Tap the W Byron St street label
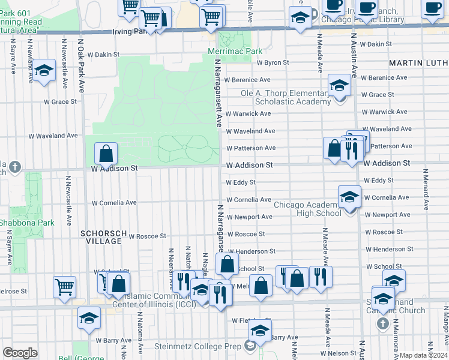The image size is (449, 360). pyautogui.click(x=273, y=62)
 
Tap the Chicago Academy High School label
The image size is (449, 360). pyautogui.click(x=307, y=209)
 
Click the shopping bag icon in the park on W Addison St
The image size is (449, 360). pyautogui.click(x=106, y=154)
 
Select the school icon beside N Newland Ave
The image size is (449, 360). pyautogui.click(x=43, y=70)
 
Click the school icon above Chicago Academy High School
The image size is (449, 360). pyautogui.click(x=349, y=196)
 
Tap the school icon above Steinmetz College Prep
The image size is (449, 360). pyautogui.click(x=260, y=329)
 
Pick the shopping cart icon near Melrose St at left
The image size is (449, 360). pyautogui.click(x=64, y=286)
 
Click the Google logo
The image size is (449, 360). pyautogui.click(x=20, y=353)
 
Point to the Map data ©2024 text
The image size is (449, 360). pyautogui.click(x=423, y=355)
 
